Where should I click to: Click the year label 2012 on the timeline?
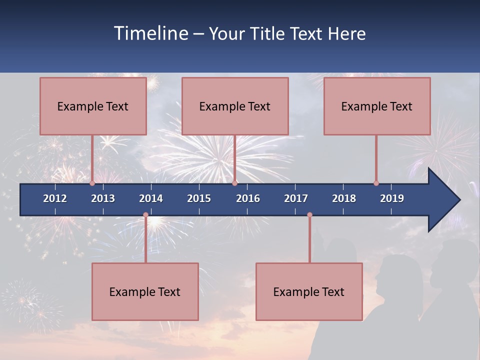(x=55, y=198)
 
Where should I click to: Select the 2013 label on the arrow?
(x=103, y=198)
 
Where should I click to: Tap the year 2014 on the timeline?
(x=151, y=198)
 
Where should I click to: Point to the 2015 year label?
(x=199, y=198)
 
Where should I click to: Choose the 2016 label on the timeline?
(x=248, y=198)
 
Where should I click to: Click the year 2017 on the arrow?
(x=296, y=198)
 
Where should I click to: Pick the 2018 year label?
(x=344, y=198)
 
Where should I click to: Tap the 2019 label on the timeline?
(x=392, y=198)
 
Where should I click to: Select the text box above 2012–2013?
(x=93, y=106)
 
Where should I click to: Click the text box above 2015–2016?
(x=235, y=106)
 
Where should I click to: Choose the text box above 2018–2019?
(x=377, y=106)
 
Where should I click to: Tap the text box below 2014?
(x=145, y=291)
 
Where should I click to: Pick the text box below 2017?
(x=309, y=291)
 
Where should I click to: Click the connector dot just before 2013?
(x=92, y=183)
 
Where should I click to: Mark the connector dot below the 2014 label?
(x=145, y=215)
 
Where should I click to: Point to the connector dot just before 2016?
(x=234, y=183)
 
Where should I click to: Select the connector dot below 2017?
(x=309, y=215)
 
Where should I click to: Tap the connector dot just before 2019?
(x=376, y=183)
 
